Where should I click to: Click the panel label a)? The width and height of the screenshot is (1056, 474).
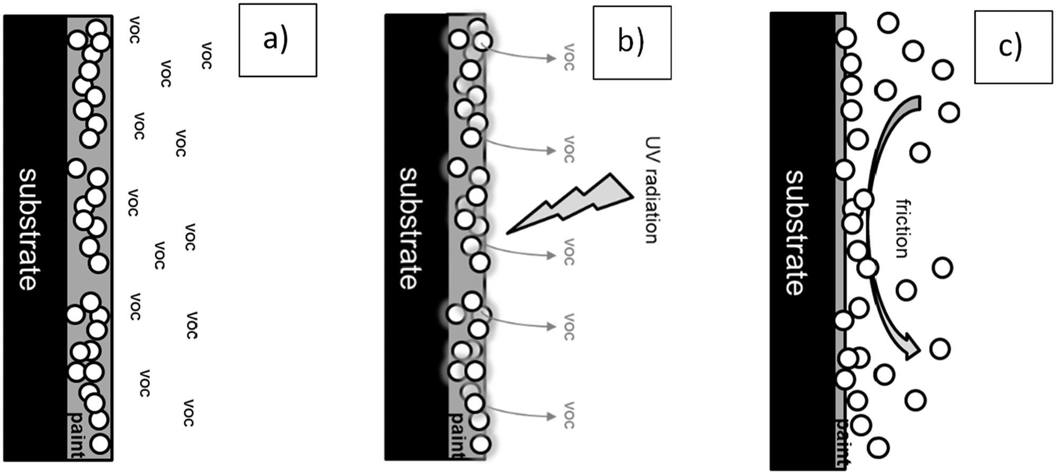(x=276, y=40)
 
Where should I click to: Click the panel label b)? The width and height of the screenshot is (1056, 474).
(x=631, y=42)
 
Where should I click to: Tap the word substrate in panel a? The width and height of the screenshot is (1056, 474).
(x=29, y=230)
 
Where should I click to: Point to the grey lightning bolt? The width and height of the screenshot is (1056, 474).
(x=576, y=203)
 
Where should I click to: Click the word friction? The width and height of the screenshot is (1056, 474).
(x=903, y=228)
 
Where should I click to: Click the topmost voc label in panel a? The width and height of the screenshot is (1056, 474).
(x=135, y=30)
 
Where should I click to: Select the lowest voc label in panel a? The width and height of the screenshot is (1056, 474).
(x=188, y=413)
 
